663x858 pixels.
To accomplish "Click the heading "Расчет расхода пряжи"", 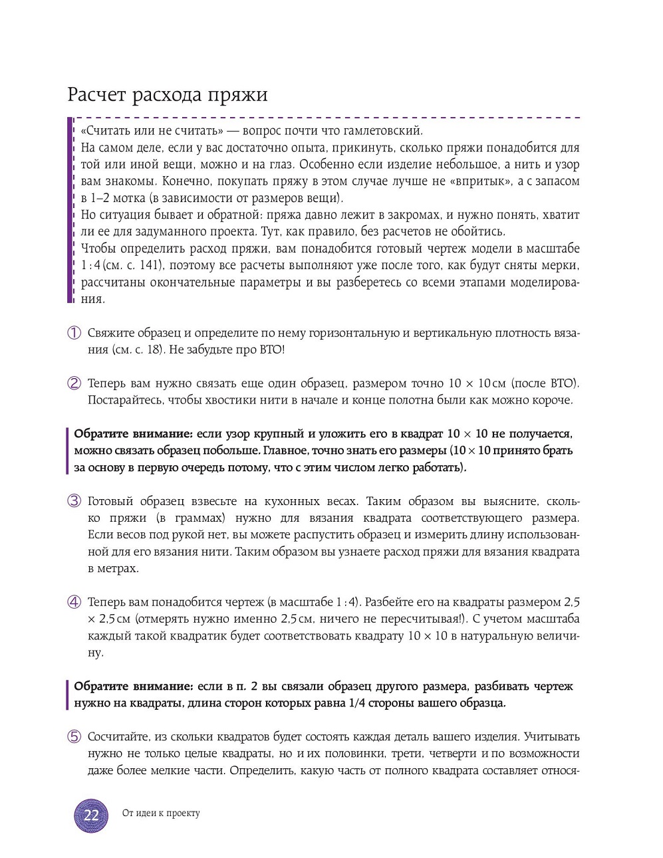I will pos(168,94).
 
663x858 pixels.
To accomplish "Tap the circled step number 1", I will pos(74,333).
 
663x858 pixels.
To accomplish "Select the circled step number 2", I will pos(74,383).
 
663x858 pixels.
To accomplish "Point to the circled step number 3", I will pos(74,501).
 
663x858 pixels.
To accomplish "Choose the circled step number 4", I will pos(74,602).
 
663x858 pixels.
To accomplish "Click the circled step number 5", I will pos(74,736).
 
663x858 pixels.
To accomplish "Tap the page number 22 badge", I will pos(91,815).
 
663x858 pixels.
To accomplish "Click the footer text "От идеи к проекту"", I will pos(161,813).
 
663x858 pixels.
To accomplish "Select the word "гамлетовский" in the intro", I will pos(387,131).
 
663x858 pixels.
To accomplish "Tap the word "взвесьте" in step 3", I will pos(203,501).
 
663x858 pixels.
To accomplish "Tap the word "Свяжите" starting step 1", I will pos(110,333).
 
